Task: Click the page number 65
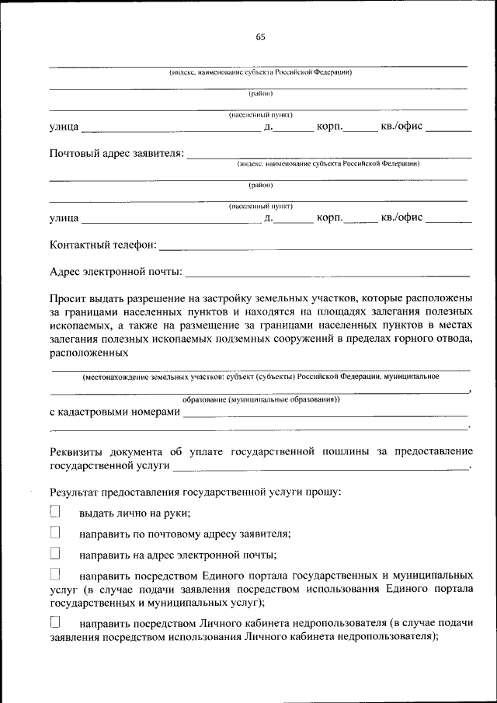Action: (260, 37)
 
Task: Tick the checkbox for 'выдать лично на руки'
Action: (55, 511)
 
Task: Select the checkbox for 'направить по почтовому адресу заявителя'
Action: (55, 533)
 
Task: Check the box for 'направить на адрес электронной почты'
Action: (55, 554)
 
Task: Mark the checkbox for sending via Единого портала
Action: (55, 575)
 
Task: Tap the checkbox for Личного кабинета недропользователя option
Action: (55, 622)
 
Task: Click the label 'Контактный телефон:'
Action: (103, 245)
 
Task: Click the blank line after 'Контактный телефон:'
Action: (315, 247)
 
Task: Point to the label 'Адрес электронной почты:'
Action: (116, 272)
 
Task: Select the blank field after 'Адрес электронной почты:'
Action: (328, 273)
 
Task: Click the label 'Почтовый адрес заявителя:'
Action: (117, 152)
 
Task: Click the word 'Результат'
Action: (75, 492)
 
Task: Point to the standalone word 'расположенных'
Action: (89, 353)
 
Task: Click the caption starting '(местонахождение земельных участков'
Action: (260, 377)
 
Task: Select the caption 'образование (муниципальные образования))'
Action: (261, 399)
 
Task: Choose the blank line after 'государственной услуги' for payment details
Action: (320, 467)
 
